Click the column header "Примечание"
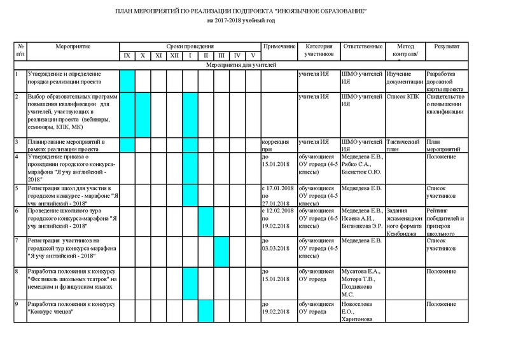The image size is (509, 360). click(279, 47)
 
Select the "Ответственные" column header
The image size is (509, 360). click(362, 47)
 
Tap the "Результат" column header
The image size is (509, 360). click(447, 47)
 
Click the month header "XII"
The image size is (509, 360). click(174, 57)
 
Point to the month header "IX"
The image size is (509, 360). click(127, 57)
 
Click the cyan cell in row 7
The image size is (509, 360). click(221, 251)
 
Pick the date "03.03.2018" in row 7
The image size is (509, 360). click(275, 248)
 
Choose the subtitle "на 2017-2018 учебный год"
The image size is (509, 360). click(245, 22)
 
